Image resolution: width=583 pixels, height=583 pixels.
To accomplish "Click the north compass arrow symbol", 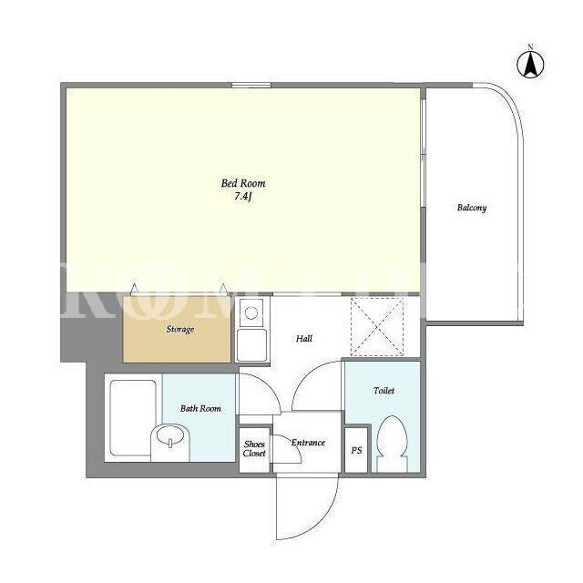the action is click(530, 64).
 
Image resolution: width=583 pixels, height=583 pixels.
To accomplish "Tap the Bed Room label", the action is click(243, 183).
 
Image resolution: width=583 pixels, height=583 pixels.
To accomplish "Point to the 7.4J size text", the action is click(243, 197).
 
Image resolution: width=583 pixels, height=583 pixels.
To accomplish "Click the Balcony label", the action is click(472, 208).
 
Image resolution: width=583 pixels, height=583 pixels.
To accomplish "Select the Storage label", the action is click(180, 330).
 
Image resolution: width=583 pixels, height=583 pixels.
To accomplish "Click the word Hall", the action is click(304, 338).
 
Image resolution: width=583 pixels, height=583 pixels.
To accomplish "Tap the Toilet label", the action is click(384, 391).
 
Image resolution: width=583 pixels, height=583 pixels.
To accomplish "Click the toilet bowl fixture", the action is click(393, 444).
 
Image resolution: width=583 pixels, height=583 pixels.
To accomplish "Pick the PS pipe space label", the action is click(356, 450).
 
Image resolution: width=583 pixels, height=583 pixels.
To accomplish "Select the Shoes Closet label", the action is click(254, 449).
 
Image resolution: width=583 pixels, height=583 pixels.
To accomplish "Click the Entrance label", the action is click(308, 443).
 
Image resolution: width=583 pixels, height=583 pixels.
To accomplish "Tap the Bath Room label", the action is click(200, 408).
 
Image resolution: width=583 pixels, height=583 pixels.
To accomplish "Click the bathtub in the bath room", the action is click(133, 417).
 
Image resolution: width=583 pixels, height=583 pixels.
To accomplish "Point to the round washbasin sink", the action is click(170, 435).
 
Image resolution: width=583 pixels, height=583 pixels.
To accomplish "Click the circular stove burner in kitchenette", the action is click(251, 312).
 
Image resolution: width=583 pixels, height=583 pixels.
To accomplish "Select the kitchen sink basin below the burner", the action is click(252, 344).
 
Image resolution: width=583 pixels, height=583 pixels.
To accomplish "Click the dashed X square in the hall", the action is click(377, 327).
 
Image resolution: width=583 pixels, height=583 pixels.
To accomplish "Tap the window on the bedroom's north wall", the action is click(251, 85).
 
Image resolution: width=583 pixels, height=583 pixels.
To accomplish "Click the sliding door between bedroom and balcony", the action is click(423, 152).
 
